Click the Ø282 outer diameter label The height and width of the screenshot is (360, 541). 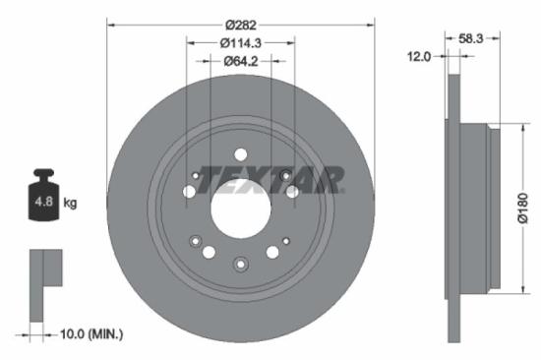click(x=241, y=23)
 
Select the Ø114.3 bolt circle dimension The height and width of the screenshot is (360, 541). click(x=241, y=42)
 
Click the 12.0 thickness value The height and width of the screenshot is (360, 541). click(x=420, y=57)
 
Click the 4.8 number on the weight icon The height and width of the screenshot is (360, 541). click(x=45, y=204)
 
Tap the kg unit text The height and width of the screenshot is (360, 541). click(x=71, y=204)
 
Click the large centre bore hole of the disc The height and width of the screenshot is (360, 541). click(x=241, y=209)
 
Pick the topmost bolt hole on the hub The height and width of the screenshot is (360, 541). click(x=241, y=155)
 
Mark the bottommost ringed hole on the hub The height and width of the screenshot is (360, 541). click(x=241, y=263)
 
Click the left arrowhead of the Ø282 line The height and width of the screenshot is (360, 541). click(x=110, y=23)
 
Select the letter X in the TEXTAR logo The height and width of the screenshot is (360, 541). click(x=262, y=179)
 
